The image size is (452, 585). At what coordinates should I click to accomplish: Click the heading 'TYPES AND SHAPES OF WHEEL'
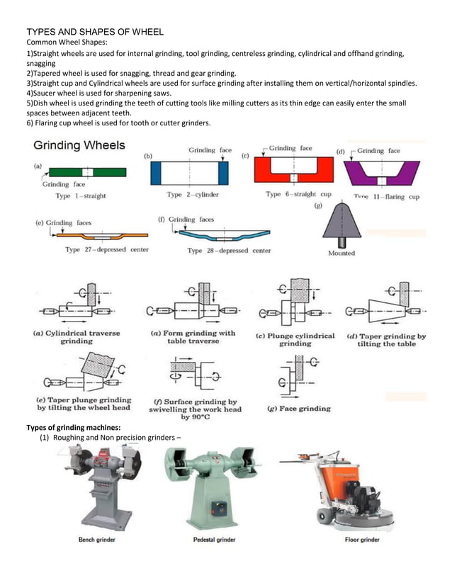coord(95,32)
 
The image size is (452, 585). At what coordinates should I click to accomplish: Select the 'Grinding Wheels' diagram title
coord(79,146)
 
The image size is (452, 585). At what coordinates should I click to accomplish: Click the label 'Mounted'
coord(341,253)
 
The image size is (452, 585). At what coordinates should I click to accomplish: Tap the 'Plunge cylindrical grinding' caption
coord(295,339)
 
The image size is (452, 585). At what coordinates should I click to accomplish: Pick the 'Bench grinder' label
coord(97,540)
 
